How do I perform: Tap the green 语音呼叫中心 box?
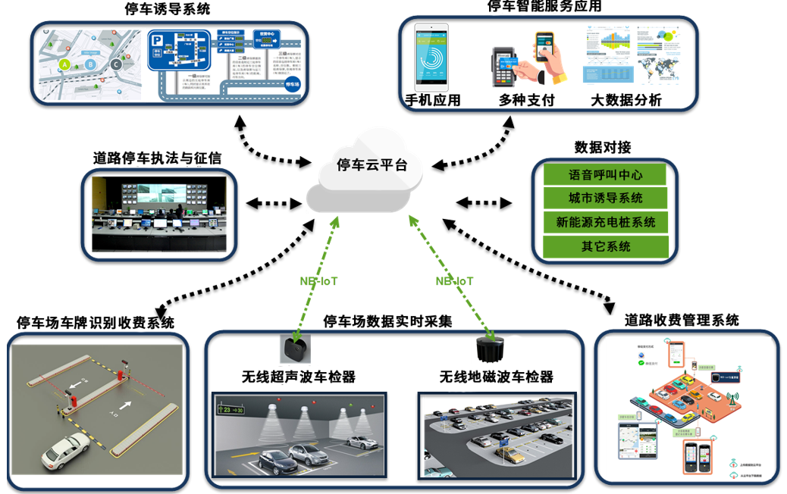pyautogui.click(x=605, y=175)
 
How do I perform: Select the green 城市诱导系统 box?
pyautogui.click(x=605, y=199)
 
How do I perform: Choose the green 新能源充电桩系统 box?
pyautogui.click(x=605, y=223)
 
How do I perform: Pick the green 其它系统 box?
pyautogui.click(x=605, y=246)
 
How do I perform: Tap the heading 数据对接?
pyautogui.click(x=603, y=146)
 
